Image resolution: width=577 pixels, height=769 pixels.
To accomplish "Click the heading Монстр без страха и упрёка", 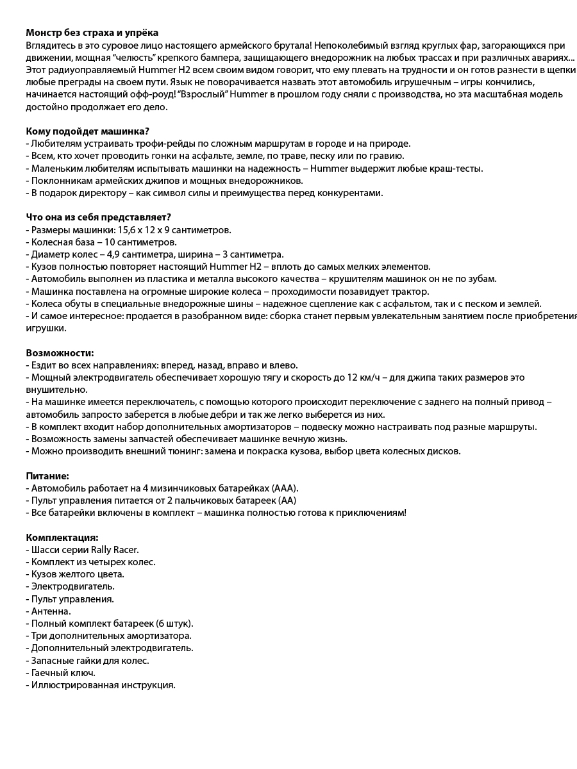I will (x=92, y=33).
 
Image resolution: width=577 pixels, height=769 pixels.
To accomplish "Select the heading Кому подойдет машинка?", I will (x=87, y=131).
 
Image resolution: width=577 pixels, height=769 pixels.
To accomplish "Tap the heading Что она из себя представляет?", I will (x=98, y=217).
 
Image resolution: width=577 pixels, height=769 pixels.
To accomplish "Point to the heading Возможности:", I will (x=60, y=352).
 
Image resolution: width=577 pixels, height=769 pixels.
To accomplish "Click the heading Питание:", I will (x=47, y=476).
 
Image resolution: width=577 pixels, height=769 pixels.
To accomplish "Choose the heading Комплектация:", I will (x=62, y=537).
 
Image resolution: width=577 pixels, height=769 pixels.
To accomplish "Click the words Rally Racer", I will (x=113, y=549).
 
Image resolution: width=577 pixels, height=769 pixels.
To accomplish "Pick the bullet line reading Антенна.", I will (x=49, y=611).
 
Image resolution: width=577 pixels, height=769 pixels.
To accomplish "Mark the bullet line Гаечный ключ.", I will (x=61, y=672).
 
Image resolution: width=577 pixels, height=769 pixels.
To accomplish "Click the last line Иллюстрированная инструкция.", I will (x=101, y=685).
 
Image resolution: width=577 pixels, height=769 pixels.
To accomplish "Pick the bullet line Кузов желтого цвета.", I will (x=76, y=574).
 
